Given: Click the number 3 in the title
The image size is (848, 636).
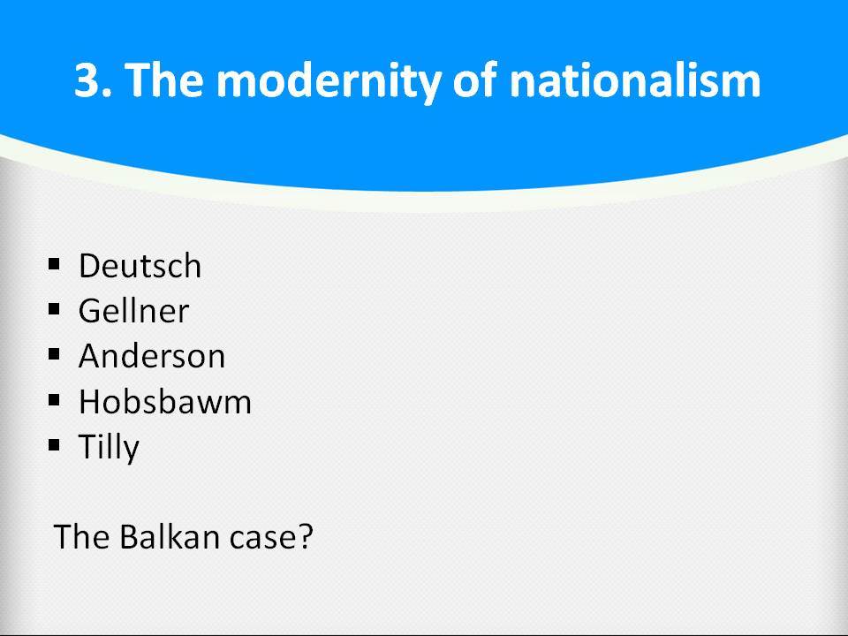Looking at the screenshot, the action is (90, 80).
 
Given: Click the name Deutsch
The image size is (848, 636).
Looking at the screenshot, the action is (140, 266).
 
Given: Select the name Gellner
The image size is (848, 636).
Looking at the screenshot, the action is (134, 311).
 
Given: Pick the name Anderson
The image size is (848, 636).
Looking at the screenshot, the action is (152, 356).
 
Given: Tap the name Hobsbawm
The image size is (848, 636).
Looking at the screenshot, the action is (165, 402).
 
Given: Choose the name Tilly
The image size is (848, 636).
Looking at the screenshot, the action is (110, 448).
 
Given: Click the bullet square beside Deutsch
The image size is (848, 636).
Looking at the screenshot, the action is (54, 264).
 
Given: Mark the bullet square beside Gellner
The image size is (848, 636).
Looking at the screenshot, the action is (54, 309).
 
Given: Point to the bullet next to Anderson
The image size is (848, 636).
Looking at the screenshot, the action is (54, 354).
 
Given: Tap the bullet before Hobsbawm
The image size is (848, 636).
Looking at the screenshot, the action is (54, 399).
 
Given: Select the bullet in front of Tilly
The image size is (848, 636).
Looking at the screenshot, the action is (54, 445).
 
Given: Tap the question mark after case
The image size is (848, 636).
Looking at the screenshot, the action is (305, 536).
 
